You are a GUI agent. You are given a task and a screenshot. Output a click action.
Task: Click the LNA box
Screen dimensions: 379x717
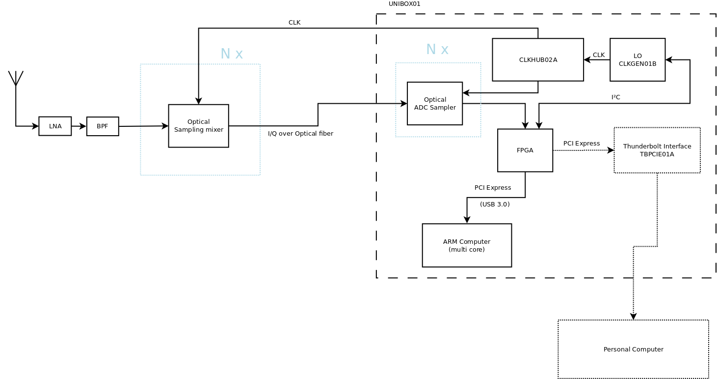[55, 126]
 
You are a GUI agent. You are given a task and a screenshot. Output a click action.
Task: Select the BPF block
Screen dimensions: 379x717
[103, 126]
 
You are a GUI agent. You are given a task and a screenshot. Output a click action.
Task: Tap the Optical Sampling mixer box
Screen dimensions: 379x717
[198, 126]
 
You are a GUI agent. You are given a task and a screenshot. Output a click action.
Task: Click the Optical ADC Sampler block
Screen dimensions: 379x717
[435, 104]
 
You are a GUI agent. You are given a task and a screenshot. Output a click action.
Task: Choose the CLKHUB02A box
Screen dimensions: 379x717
[538, 60]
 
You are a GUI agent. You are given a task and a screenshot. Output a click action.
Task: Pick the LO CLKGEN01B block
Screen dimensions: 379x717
[637, 60]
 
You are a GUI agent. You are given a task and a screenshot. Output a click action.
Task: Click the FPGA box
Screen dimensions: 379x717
[525, 150]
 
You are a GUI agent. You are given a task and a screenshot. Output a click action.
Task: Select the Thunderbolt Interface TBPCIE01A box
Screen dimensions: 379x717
[657, 150]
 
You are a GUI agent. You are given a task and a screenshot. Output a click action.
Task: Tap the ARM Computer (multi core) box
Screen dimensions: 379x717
[467, 246]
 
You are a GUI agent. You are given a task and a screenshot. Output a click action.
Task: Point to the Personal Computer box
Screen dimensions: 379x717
[633, 350]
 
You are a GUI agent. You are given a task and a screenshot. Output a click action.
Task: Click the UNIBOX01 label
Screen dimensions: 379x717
[404, 4]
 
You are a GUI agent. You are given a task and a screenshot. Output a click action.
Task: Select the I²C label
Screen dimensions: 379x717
[615, 97]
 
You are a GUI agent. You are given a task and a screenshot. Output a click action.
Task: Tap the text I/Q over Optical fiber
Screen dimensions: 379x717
[300, 134]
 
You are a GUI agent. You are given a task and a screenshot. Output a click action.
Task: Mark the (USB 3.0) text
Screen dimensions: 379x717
[495, 204]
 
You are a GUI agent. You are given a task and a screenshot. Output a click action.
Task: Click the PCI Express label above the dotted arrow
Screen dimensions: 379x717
[582, 144]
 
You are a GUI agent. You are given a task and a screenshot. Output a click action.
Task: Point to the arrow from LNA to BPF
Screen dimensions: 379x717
[79, 126]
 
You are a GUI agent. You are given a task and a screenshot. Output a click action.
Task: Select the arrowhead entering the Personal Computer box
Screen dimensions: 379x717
[633, 317]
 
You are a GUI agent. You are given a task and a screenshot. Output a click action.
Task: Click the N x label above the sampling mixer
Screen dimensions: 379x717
[232, 54]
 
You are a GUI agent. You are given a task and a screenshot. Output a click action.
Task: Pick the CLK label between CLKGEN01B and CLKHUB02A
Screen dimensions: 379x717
[599, 55]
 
